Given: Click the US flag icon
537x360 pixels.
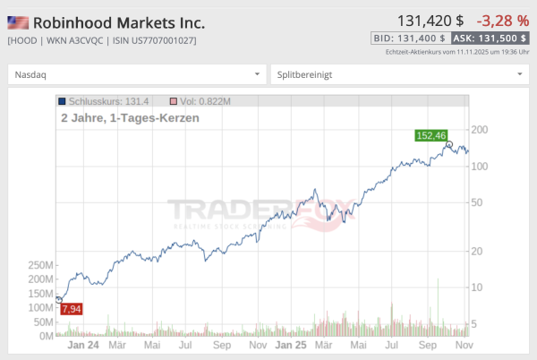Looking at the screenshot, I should coord(18,22).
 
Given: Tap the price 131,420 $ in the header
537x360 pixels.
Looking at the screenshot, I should coord(430,20).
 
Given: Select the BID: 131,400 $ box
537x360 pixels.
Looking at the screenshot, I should coord(409,39).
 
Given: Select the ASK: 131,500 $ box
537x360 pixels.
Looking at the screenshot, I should coord(490,39).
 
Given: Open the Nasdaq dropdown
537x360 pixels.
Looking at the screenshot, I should coord(137,74).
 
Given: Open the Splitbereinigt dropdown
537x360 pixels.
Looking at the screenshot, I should coord(399,74).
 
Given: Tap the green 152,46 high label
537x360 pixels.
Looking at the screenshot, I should coord(430,135).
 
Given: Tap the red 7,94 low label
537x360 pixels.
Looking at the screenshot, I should coord(72,309).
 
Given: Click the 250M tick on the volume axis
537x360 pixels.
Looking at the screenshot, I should coord(41,265).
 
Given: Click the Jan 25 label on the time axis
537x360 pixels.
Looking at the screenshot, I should coord(290,344).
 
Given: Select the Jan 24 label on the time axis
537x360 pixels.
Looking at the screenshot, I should coord(81,344).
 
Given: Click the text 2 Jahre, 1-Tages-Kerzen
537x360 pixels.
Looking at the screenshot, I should coord(129,117).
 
